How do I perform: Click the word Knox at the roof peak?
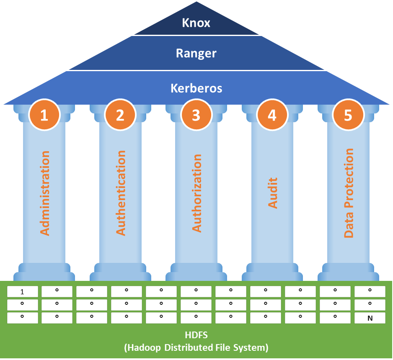pyautogui.click(x=196, y=23)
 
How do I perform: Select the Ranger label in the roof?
pyautogui.click(x=196, y=54)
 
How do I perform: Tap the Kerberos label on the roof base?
pyautogui.click(x=196, y=89)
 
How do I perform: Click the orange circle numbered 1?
pyautogui.click(x=44, y=115)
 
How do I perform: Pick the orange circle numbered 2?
pyautogui.click(x=120, y=115)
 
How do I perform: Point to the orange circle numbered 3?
pyautogui.click(x=196, y=115)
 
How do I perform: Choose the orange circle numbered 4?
pyautogui.click(x=272, y=115)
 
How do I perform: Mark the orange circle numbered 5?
pyautogui.click(x=348, y=115)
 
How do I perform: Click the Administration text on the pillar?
pyautogui.click(x=44, y=193)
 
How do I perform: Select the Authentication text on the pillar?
pyautogui.click(x=121, y=193)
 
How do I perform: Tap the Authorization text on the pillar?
pyautogui.click(x=196, y=193)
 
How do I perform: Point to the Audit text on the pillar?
pyautogui.click(x=273, y=193)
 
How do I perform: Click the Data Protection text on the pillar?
pyautogui.click(x=349, y=193)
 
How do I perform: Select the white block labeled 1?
pyautogui.click(x=23, y=292)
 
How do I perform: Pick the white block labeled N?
pyautogui.click(x=370, y=318)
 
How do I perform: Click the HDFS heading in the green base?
pyautogui.click(x=196, y=336)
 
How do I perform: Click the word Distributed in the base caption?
pyautogui.click(x=194, y=347)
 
